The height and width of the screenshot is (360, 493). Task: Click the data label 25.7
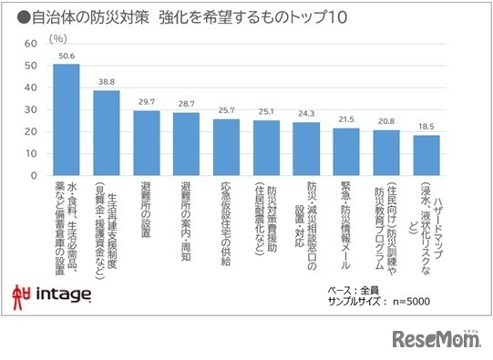226,110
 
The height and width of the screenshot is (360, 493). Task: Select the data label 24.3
306,113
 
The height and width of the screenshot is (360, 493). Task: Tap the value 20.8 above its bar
386,120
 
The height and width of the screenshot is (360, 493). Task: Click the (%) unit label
58,38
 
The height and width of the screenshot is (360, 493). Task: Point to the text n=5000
413,302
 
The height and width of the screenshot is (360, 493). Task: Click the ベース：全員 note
354,290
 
